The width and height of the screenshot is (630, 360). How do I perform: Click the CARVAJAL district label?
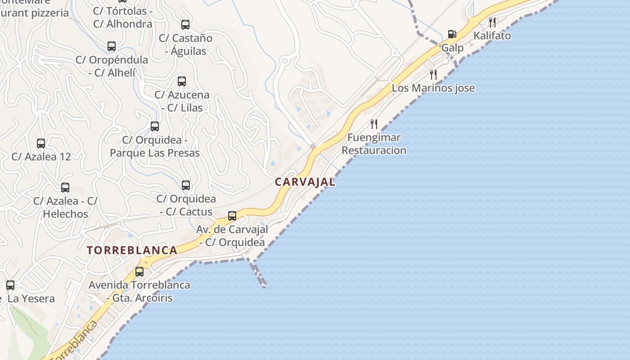[305, 182]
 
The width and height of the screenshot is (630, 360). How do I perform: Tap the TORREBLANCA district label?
[132, 251]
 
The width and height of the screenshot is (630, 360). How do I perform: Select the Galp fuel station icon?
[452, 35]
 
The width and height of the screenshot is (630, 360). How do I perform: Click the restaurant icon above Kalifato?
[492, 22]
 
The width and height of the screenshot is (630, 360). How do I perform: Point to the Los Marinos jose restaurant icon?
[433, 75]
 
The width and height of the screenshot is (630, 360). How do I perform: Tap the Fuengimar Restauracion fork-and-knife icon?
[374, 124]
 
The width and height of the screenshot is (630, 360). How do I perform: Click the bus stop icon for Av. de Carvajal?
[232, 216]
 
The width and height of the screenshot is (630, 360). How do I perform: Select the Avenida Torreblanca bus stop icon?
[139, 272]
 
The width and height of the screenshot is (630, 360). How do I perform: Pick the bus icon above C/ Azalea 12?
[41, 144]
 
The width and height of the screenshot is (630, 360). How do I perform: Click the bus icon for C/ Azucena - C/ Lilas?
[182, 81]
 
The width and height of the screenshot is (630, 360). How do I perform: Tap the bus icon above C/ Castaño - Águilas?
[185, 25]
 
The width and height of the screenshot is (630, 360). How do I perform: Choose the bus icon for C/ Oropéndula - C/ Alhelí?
[112, 46]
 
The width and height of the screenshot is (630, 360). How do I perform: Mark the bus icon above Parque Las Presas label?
[155, 126]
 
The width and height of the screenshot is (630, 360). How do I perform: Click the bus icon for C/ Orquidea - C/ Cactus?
[186, 185]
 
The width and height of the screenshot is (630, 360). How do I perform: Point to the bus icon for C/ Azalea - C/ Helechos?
[65, 188]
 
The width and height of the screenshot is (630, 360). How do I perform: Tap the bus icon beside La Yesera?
[10, 285]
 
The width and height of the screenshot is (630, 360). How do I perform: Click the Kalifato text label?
[492, 36]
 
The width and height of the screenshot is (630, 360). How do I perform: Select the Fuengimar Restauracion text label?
[374, 144]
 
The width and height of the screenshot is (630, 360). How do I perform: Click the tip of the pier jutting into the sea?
[264, 285]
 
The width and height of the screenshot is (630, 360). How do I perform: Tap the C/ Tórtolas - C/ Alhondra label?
[123, 17]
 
